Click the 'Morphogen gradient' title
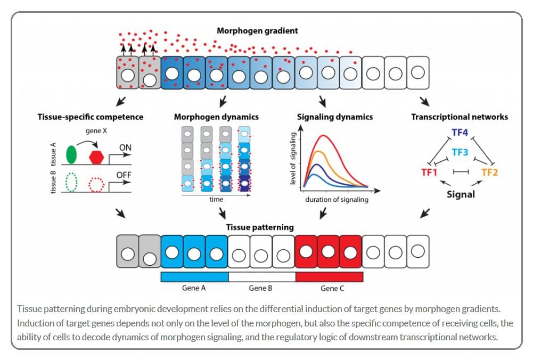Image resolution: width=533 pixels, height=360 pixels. tap(257, 31)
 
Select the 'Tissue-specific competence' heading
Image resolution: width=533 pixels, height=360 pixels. tap(91, 117)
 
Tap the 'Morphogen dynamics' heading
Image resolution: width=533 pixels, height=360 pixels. tap(216, 117)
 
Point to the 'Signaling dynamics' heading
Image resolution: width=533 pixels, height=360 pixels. tap(335, 117)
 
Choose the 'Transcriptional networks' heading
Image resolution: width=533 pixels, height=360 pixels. tap(460, 117)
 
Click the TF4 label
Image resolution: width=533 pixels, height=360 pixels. tap(460, 132)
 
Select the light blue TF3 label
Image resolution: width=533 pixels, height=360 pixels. tap(460, 152)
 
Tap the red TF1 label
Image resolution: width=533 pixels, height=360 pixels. tap(429, 173)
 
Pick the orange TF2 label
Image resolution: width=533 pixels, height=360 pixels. tap(489, 173)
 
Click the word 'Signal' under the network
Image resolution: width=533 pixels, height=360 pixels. tap(461, 194)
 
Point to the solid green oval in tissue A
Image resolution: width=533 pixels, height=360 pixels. tap(71, 154)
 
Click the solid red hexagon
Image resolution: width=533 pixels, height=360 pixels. tap(96, 157)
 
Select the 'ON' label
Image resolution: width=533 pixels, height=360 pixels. tap(125, 148)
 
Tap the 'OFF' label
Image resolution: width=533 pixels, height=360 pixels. tap(124, 175)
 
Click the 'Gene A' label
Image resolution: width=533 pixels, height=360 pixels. tap(194, 288)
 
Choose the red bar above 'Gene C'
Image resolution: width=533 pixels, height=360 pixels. tap(330, 277)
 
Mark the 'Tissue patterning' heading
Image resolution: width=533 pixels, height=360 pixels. tap(260, 227)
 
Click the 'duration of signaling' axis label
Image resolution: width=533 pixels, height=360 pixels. tap(337, 200)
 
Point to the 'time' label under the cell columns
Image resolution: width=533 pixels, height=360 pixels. tap(216, 200)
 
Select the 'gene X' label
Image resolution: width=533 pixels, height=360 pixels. tap(96, 131)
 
